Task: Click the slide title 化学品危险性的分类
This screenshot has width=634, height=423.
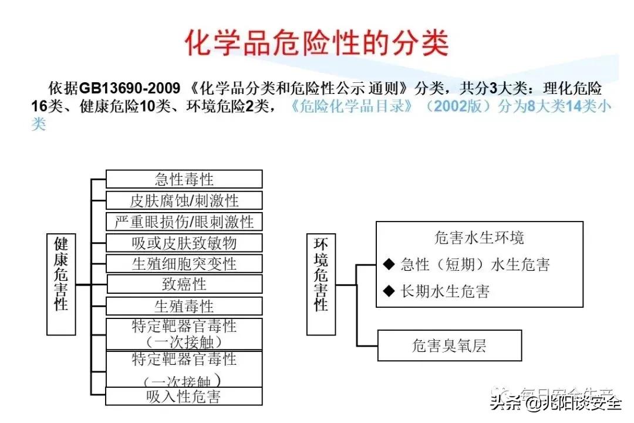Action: [317, 43]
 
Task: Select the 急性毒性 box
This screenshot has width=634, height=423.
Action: [184, 179]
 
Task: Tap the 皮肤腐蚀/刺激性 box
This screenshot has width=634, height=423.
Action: [184, 200]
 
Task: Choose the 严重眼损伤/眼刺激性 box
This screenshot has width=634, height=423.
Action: [184, 221]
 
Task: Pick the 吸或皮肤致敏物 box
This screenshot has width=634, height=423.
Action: [184, 243]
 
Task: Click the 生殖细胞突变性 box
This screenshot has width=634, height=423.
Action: [184, 263]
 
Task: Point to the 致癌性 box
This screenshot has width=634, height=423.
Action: [184, 284]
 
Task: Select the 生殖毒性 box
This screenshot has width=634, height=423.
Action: [184, 305]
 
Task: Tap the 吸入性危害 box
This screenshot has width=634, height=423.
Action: [184, 396]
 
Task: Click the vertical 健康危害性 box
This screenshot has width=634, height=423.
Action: [61, 284]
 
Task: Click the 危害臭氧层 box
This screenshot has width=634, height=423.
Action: [449, 345]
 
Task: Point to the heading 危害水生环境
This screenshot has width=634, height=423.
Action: [479, 238]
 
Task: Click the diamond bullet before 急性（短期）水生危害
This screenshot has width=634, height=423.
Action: [389, 264]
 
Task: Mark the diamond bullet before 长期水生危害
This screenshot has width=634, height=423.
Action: [389, 290]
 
